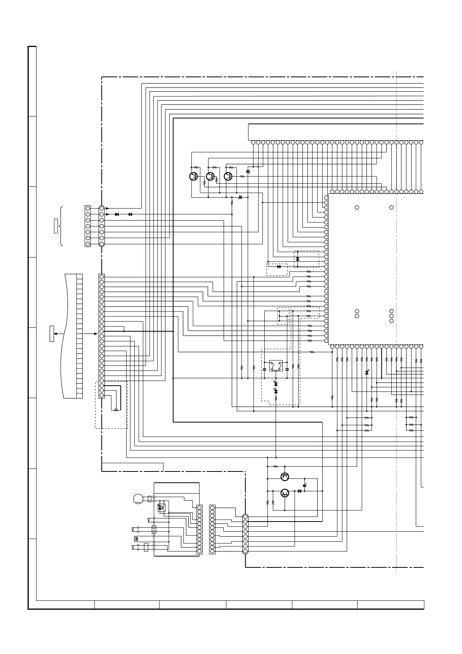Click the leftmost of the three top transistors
coord(193,176)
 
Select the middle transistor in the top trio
coord(210,176)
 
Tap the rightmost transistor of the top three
coord(228,176)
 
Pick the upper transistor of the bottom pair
coord(285,476)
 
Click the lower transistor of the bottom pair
coord(285,493)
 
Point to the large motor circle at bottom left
coord(138,499)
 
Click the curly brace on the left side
coord(61,226)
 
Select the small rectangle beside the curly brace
coord(56,226)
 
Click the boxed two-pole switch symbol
coord(275,366)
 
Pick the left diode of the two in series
coord(117,214)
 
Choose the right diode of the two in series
coord(130,214)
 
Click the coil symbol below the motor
coord(136,539)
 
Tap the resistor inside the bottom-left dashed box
coord(115,410)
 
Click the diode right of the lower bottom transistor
coord(299,491)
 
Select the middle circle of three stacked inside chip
coord(391,316)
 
